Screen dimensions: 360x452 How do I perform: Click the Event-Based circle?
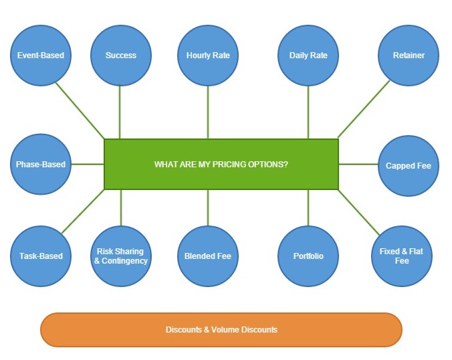pos(41,56)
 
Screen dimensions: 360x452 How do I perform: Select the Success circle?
pos(121,56)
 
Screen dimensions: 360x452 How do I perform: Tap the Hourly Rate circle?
pos(208,56)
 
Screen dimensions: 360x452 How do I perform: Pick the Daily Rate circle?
pos(308,56)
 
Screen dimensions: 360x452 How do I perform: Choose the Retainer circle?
pos(409,56)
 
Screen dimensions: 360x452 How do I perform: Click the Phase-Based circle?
pos(41,164)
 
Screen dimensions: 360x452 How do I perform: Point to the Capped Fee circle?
pos(409,165)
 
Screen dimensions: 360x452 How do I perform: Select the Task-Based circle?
pos(41,256)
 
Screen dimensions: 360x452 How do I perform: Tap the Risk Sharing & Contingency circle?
pos(121,256)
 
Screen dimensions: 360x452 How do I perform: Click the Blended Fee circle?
pos(208,256)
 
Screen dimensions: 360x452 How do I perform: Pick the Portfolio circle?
pos(308,256)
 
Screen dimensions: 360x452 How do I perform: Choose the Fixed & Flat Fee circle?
pos(401,256)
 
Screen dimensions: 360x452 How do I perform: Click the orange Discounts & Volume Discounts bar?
pos(221,330)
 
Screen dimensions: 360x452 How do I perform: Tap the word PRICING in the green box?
pos(222,164)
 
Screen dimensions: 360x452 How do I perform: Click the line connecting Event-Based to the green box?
pos(80,110)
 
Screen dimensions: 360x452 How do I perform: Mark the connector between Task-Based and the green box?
pos(84,211)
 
